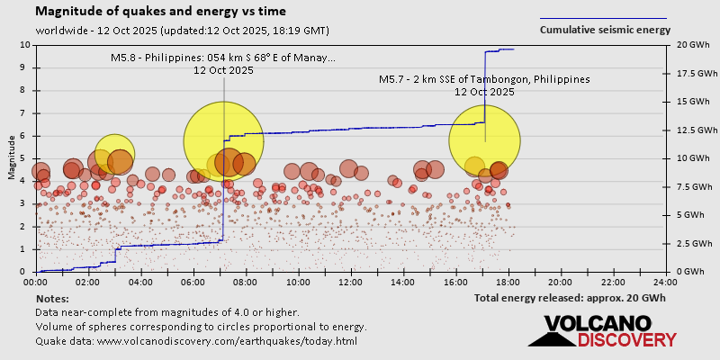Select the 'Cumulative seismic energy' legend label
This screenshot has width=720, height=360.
[x=605, y=30]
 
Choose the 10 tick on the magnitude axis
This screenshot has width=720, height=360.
[x=26, y=44]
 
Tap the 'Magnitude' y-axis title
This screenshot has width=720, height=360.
[x=12, y=158]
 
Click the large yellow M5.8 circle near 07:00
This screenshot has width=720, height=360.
[x=223, y=141]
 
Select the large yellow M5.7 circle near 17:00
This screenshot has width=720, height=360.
[x=485, y=139]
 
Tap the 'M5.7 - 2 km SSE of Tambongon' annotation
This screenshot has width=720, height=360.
[x=484, y=79]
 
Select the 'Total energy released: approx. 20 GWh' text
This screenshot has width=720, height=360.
[x=570, y=298]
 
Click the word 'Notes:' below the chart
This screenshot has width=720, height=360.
[x=52, y=298]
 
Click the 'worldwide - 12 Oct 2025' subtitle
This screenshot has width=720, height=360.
[x=183, y=30]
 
